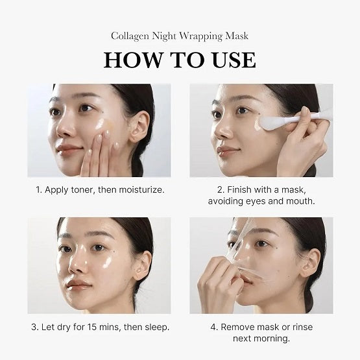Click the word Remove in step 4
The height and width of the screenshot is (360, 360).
tap(239, 326)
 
